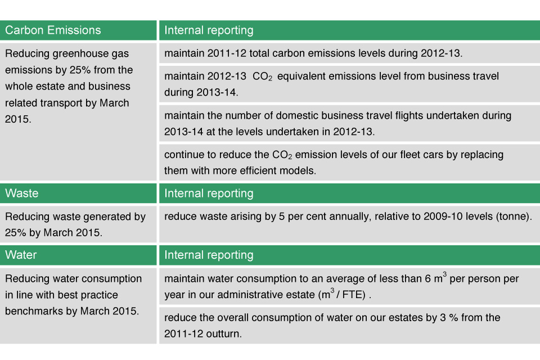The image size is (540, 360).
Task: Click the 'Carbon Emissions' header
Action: (x=53, y=30)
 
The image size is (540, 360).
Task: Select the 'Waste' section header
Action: (x=22, y=193)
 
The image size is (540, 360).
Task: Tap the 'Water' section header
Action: (x=21, y=255)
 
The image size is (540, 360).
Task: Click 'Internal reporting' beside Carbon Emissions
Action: (x=209, y=30)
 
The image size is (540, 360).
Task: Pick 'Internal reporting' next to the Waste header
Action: (x=209, y=193)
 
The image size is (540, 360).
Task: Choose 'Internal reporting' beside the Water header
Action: (x=209, y=255)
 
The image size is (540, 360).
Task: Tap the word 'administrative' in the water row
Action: (x=254, y=295)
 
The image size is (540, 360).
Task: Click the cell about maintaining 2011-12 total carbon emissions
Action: (x=349, y=53)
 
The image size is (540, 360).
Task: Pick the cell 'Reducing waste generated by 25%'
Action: (x=78, y=224)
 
